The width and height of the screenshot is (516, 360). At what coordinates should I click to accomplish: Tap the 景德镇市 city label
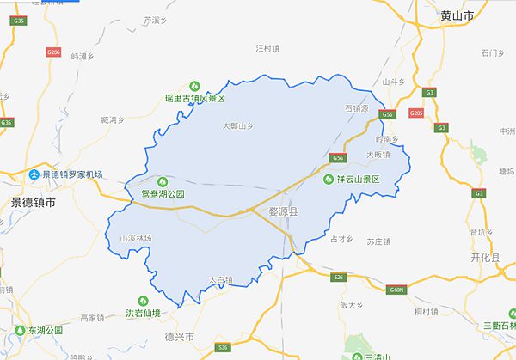click(x=33, y=204)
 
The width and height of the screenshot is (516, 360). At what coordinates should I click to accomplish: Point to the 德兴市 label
click(x=179, y=335)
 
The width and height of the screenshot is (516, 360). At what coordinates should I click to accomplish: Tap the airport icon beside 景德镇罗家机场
click(x=35, y=174)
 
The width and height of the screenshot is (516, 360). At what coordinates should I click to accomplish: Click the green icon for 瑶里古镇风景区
click(x=194, y=86)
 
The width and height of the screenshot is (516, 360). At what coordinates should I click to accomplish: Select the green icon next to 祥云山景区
click(x=328, y=180)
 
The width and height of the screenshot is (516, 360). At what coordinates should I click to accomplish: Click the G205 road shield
click(x=417, y=113)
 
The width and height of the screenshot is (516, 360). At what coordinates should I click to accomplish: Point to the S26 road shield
click(x=338, y=277)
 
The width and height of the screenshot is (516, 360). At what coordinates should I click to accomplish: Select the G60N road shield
click(x=396, y=290)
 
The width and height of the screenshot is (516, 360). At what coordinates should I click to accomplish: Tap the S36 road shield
click(x=223, y=346)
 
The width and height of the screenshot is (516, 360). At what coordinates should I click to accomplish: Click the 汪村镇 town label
click(x=269, y=48)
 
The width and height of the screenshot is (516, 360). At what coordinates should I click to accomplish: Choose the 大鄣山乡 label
click(x=239, y=126)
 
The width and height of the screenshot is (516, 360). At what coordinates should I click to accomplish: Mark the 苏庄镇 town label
click(x=379, y=241)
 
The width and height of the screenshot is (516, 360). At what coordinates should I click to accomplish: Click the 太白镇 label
click(x=221, y=279)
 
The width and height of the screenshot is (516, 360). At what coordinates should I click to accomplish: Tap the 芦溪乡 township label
click(x=155, y=19)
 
